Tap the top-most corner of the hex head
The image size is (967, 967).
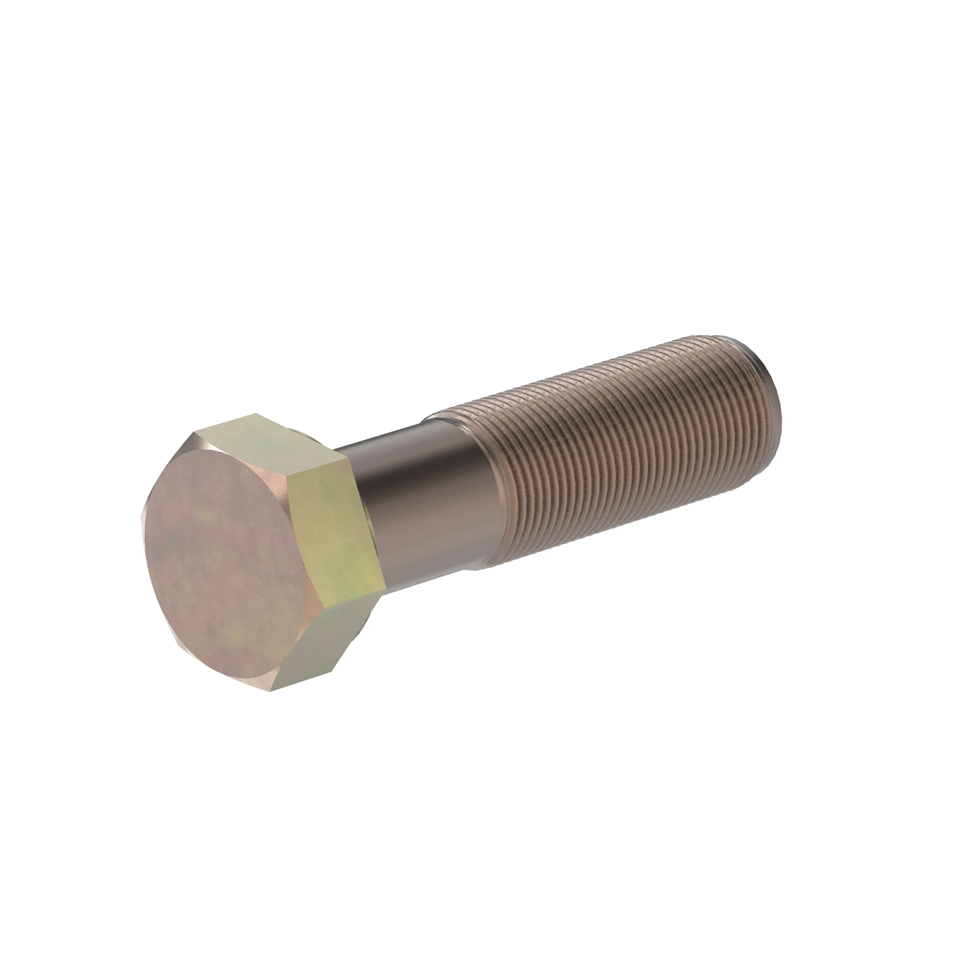click(x=252, y=414)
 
